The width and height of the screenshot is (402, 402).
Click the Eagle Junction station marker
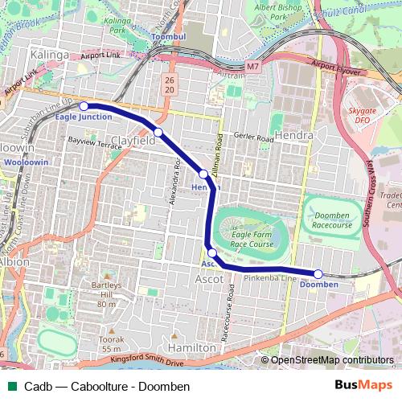tap(84, 105)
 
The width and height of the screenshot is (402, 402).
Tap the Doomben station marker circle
tap(318, 274)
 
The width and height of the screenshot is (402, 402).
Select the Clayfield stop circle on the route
tap(159, 132)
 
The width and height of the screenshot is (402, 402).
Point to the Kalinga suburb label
tap(46, 54)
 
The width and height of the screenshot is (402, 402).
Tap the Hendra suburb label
tap(293, 135)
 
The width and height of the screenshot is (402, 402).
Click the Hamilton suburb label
tap(195, 347)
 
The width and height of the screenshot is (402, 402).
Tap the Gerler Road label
tap(254, 137)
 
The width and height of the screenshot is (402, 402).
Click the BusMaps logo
tap(364, 386)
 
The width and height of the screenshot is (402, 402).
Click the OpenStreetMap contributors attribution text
tap(332, 360)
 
